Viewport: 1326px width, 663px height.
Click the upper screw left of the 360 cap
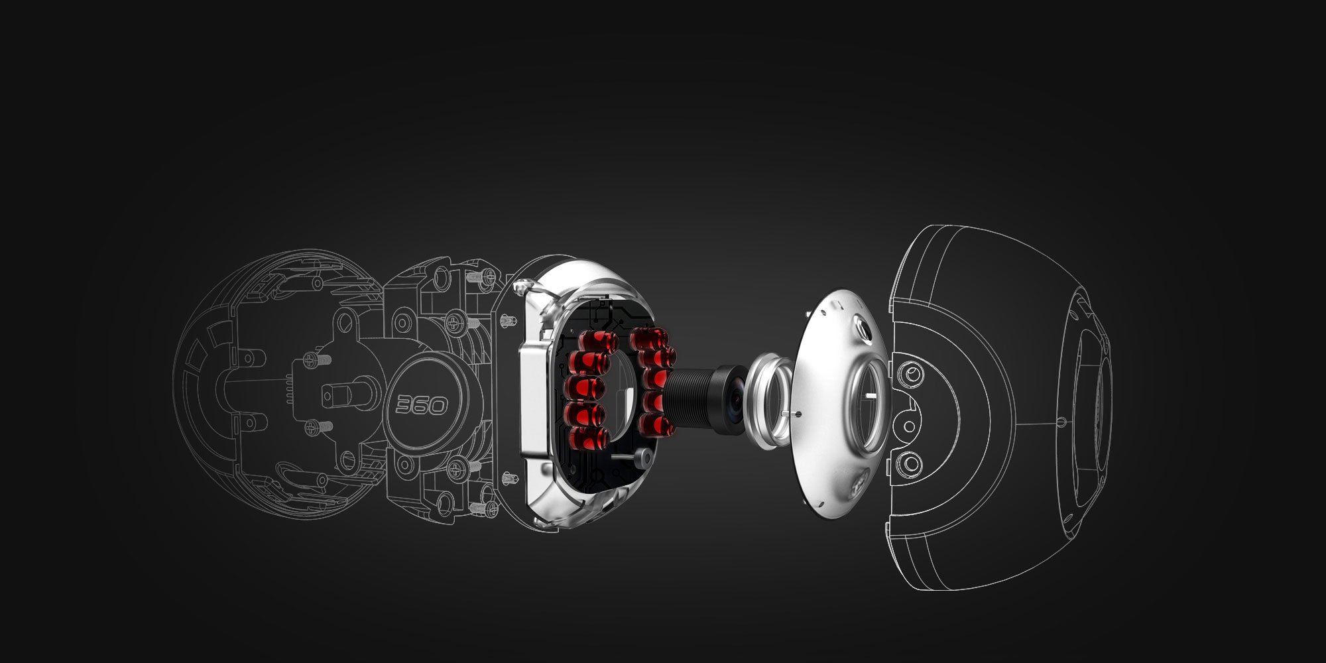click(312, 360)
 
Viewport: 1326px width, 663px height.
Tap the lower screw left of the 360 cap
click(312, 428)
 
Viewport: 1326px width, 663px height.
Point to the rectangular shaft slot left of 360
click(330, 396)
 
